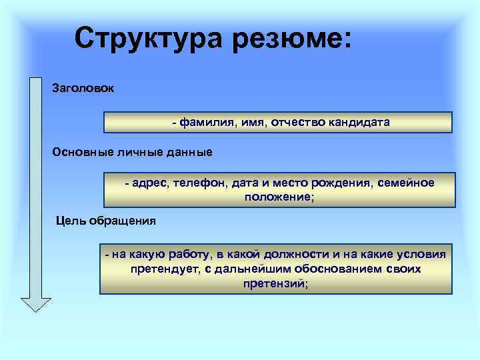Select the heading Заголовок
(83, 88)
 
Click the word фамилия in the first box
(203, 123)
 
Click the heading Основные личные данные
(133, 152)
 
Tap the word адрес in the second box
(151, 183)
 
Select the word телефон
(198, 183)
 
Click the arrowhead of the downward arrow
(36, 303)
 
